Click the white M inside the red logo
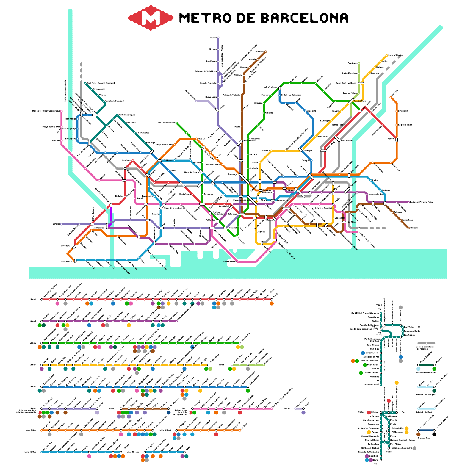coord(151,18)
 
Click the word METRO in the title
coord(205,18)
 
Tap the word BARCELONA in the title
coord(304,18)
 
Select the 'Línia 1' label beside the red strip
coord(33,299)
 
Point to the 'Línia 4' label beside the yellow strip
coord(33,365)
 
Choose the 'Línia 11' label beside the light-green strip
coord(223,365)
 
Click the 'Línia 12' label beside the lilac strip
coord(286,408)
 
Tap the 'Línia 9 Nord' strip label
coord(165,430)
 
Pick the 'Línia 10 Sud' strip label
coord(30,452)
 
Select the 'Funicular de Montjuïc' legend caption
coord(426,372)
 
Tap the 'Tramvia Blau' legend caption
coord(424,438)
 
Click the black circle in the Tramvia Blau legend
coord(434,434)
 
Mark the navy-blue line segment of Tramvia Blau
coord(426,430)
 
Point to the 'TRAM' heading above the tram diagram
coord(379,305)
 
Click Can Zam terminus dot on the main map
coord(391,97)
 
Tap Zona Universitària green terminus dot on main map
coord(176,123)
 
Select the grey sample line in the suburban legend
coord(426,343)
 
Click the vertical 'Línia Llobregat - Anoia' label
coord(65,90)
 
